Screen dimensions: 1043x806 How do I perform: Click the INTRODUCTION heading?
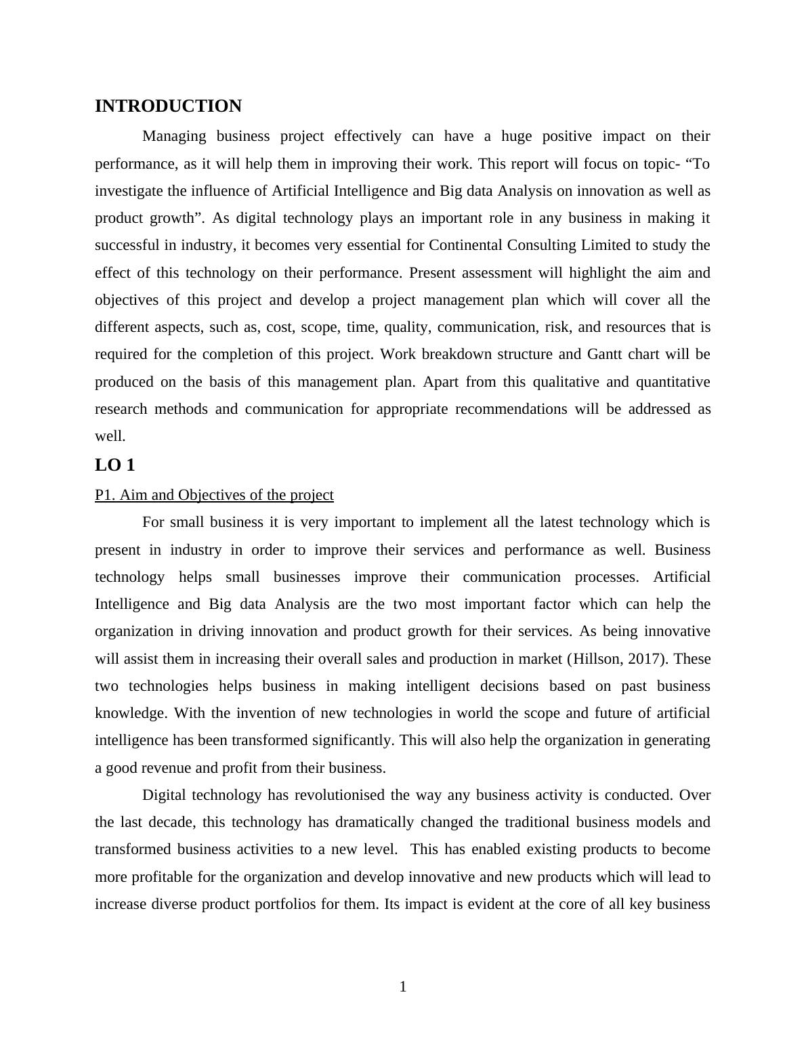pos(168,106)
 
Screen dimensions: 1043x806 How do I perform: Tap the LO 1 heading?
pos(115,465)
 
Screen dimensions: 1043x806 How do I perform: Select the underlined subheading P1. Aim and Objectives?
pos(214,495)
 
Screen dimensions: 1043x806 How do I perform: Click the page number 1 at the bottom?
pos(403,987)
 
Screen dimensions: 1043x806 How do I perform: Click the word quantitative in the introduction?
pos(673,382)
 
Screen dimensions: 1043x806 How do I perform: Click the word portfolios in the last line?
pos(285,904)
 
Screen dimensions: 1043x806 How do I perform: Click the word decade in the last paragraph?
pos(172,822)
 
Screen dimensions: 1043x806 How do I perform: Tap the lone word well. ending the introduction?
pos(110,436)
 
